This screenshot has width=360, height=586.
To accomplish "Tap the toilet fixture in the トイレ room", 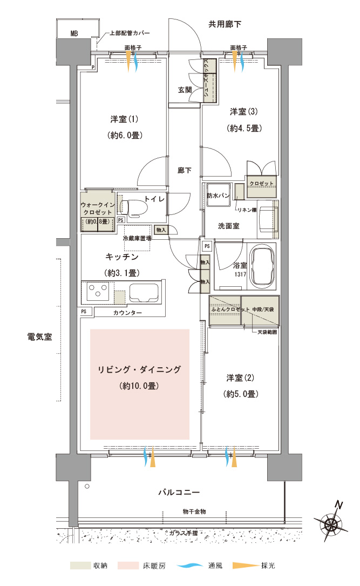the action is coord(131,208).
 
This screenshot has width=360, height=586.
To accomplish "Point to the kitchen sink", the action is coord(144,292).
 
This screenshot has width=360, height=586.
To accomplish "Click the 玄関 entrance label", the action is coord(185,90).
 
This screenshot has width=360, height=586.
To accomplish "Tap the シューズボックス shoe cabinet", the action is coord(210,80).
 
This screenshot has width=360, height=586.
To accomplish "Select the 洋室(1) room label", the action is coord(124,119).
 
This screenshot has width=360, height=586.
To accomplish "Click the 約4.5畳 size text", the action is coord(244,128).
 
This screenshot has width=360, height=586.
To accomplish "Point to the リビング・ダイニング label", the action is coord(139,369).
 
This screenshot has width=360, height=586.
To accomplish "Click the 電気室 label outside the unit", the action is coord(39,336).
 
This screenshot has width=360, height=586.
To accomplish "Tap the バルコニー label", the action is coord(179,492).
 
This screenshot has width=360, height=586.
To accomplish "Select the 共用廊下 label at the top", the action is coord(225,24).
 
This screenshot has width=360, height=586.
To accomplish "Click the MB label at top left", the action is coord(74,33).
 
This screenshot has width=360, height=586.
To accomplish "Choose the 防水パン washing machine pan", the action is coord(219,195).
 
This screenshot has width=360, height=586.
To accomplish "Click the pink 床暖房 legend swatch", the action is coord(128,565).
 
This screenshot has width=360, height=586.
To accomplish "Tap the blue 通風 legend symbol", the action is coord(189,566).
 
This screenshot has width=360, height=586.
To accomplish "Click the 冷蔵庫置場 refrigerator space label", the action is coord(137,238).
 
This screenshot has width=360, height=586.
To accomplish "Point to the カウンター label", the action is coord(127,313).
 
